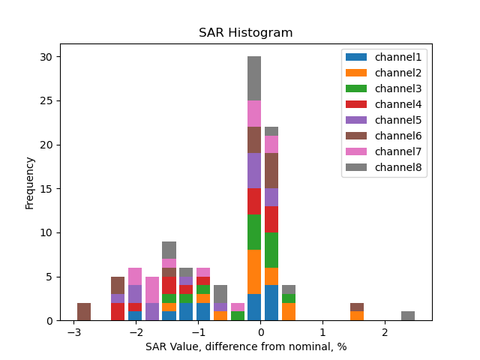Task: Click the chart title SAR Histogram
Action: pos(245,33)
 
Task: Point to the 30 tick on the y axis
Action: pos(46,57)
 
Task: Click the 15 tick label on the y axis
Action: pos(46,189)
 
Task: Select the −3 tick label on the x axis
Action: pos(73,332)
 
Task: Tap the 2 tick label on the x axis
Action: pos(385,332)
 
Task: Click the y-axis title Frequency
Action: pos(30,182)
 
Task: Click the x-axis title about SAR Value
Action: pos(246,346)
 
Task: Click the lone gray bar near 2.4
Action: pos(408,316)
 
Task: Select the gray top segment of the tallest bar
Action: pos(254,79)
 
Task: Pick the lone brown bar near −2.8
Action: pos(84,312)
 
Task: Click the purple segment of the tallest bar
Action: pos(254,171)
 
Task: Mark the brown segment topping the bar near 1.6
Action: pos(357,307)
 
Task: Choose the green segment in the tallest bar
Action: pos(254,232)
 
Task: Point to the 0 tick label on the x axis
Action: pos(260,332)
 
